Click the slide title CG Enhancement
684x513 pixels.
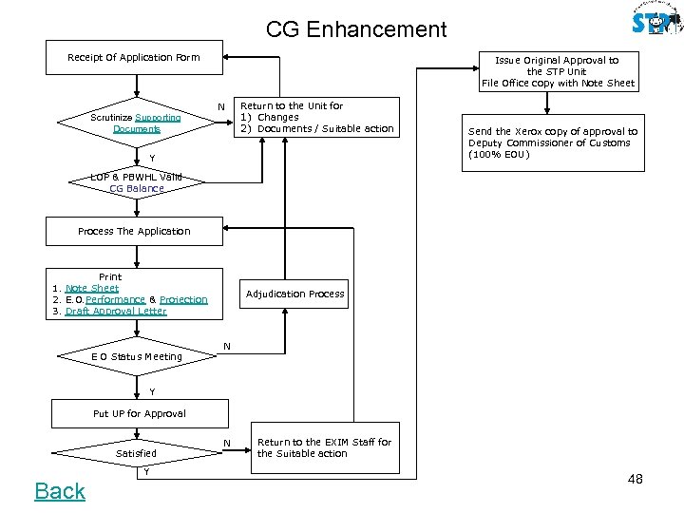[x=355, y=29]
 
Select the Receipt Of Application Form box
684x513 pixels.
[x=134, y=57]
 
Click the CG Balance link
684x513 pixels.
[x=137, y=188]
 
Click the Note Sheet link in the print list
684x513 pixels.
[x=91, y=288]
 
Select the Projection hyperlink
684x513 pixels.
[x=183, y=299]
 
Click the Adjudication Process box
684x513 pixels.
[x=295, y=294]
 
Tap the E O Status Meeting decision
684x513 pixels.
[x=137, y=356]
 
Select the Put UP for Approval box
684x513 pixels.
[x=140, y=413]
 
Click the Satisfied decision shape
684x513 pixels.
[x=136, y=453]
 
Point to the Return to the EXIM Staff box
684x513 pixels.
[x=324, y=447]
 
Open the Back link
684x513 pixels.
[x=60, y=491]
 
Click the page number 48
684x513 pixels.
[x=635, y=479]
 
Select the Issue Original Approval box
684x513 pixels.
[x=558, y=71]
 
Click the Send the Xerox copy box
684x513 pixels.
[x=552, y=143]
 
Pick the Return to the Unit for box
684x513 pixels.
[x=316, y=118]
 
